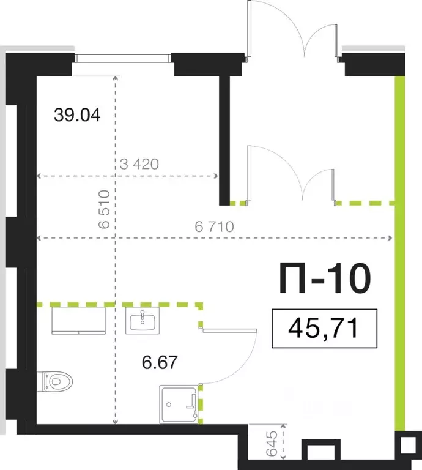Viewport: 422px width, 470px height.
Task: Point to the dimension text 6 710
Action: [215, 226]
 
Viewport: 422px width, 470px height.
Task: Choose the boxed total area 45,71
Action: [324, 330]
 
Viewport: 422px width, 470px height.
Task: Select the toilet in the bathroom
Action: [56, 382]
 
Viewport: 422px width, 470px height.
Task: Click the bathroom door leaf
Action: [229, 330]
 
